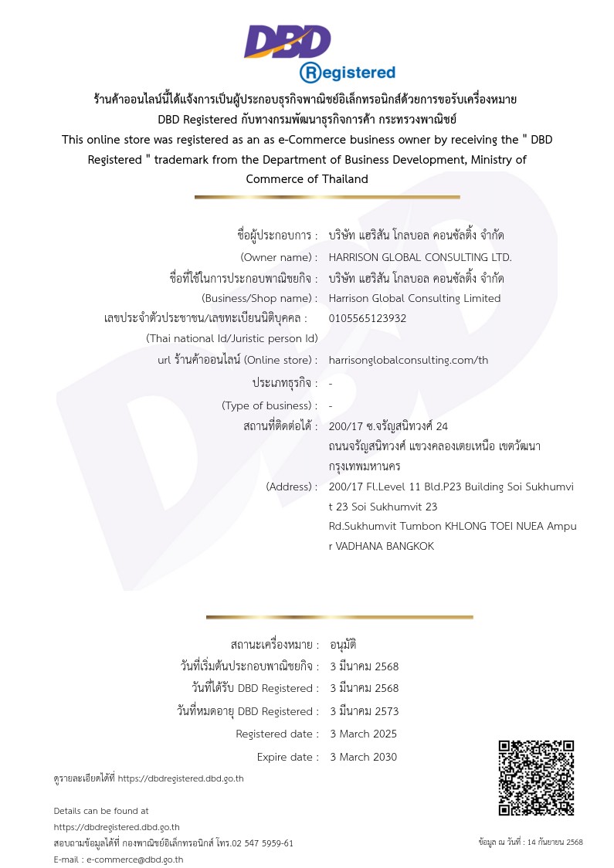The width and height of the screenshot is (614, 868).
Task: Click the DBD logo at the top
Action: (287, 42)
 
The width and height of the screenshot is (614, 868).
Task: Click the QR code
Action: (536, 778)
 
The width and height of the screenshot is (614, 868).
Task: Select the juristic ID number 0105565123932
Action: (368, 318)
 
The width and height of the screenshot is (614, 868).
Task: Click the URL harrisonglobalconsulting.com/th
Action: (409, 360)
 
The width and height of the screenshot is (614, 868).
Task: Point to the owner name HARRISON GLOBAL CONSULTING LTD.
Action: (420, 257)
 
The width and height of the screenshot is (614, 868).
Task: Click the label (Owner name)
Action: (279, 257)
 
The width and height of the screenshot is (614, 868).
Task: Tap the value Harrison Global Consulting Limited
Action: (415, 298)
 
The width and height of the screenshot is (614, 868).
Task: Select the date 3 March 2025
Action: (363, 734)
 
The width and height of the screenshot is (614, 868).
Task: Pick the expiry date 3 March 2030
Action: (363, 757)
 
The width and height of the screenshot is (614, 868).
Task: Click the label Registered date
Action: (276, 734)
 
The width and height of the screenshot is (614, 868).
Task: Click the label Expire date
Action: (287, 757)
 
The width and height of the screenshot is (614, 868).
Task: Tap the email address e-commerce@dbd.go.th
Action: (134, 860)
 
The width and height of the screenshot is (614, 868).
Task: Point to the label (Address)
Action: (291, 487)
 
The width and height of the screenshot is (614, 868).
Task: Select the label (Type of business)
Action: (270, 405)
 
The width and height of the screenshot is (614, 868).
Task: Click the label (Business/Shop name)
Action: (260, 298)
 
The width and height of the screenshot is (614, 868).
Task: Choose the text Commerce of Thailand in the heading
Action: (307, 179)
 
